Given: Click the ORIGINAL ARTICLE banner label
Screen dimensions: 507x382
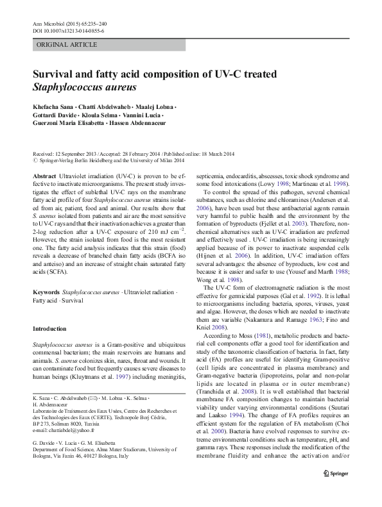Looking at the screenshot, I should pyautogui.click(x=67, y=45).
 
